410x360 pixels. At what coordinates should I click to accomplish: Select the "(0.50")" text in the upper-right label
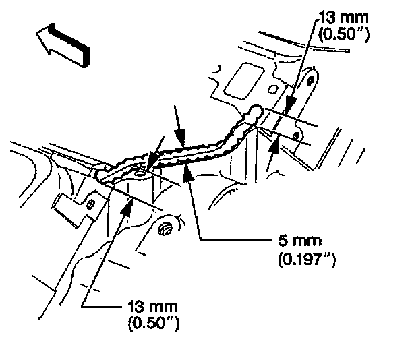pos(343,34)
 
